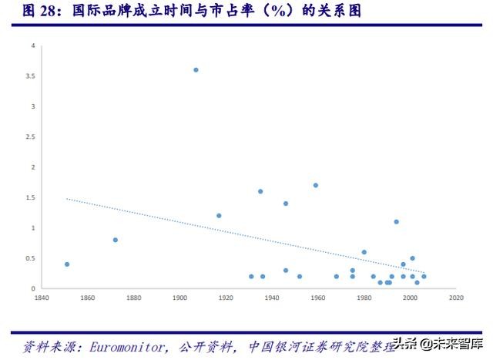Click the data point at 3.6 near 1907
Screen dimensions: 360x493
(x=196, y=69)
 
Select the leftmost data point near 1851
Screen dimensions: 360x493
(x=67, y=264)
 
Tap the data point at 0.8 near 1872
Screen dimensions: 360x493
(x=116, y=240)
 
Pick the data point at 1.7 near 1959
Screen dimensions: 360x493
(x=316, y=185)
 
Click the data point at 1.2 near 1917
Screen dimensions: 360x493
(x=219, y=216)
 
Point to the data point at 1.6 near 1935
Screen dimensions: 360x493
(x=260, y=191)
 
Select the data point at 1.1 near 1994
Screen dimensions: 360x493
(x=397, y=221)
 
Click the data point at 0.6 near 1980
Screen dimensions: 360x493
(x=364, y=252)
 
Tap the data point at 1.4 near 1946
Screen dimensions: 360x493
(x=286, y=204)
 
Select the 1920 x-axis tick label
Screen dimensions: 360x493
(x=226, y=297)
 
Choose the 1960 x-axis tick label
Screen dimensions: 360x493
(x=318, y=297)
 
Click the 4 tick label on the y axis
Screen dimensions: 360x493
(x=33, y=45)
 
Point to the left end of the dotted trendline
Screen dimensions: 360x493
(x=67, y=199)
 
